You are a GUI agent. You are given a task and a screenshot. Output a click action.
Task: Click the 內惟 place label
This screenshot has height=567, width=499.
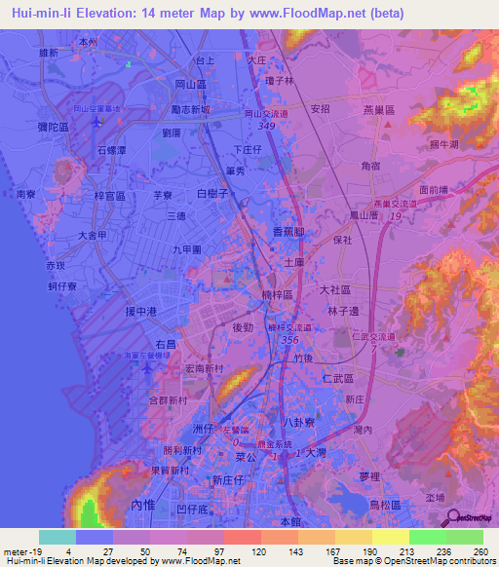(x=141, y=505)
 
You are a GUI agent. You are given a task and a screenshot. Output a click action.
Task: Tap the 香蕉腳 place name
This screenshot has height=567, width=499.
(x=290, y=231)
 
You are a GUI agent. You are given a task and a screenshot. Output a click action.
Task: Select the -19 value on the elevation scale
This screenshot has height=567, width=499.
(x=39, y=551)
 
